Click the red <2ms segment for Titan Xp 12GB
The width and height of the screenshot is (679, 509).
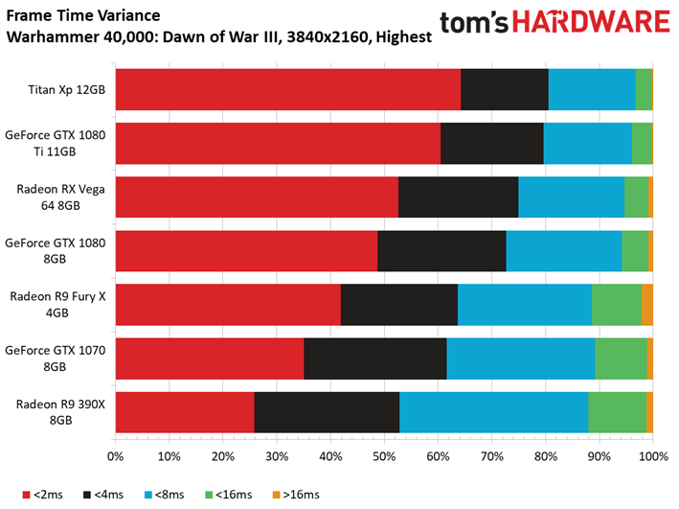point(288,89)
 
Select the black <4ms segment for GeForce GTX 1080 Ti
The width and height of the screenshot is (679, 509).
point(492,143)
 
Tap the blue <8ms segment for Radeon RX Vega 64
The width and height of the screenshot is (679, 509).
point(571,197)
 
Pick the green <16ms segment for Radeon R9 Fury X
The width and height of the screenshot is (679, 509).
point(617,305)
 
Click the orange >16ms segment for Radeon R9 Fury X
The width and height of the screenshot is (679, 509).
point(647,305)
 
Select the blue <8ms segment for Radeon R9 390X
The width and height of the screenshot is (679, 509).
point(493,412)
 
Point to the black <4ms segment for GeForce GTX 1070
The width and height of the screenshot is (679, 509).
point(375,359)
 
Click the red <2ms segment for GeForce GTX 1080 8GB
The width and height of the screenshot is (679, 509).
point(247,251)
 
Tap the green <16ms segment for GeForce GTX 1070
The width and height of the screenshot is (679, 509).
point(621,359)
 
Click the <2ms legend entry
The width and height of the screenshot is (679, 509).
point(42,495)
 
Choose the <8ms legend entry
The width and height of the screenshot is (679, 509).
point(164,495)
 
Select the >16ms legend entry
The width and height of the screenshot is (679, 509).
point(296,495)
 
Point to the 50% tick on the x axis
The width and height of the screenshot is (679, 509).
point(385,441)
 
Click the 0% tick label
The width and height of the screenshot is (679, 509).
point(115,456)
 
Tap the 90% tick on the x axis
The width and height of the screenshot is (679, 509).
point(600,441)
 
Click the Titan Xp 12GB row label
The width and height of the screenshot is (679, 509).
point(67,90)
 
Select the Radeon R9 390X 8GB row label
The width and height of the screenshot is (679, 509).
point(60,412)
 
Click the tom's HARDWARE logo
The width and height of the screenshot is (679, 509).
point(555,22)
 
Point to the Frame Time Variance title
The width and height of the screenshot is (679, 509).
point(83,15)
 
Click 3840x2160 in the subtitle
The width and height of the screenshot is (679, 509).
point(328,36)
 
